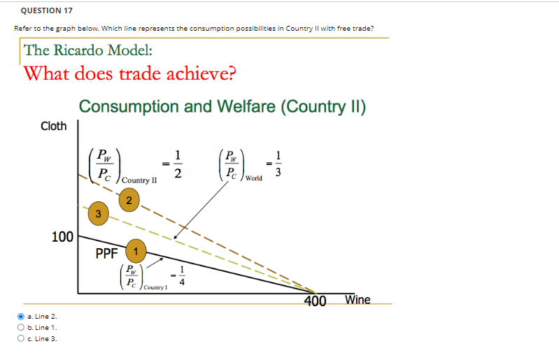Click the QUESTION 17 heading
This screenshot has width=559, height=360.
(47, 10)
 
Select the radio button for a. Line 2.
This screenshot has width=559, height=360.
(20, 316)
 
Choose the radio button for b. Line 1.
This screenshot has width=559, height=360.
(20, 327)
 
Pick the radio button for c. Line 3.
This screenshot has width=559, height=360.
(20, 338)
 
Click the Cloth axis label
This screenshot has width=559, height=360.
(53, 127)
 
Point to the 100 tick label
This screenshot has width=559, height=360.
(62, 238)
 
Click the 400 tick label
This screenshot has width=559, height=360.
(316, 301)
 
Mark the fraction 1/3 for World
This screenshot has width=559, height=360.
(280, 165)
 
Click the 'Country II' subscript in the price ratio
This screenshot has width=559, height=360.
(139, 180)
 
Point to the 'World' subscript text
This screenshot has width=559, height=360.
(253, 178)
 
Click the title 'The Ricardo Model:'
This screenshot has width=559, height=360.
(88, 50)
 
